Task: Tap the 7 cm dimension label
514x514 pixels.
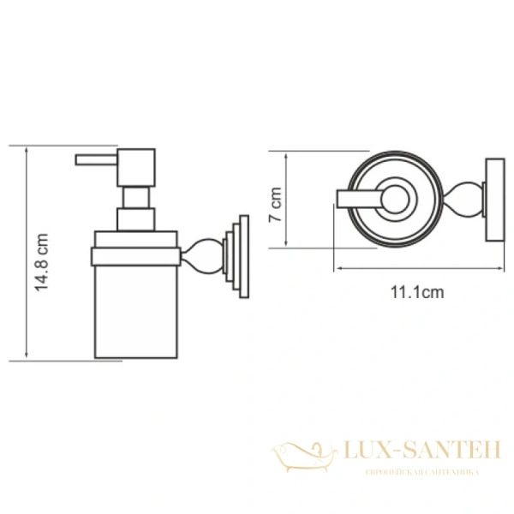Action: coord(275,203)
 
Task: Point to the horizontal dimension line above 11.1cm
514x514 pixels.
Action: coord(417,267)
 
